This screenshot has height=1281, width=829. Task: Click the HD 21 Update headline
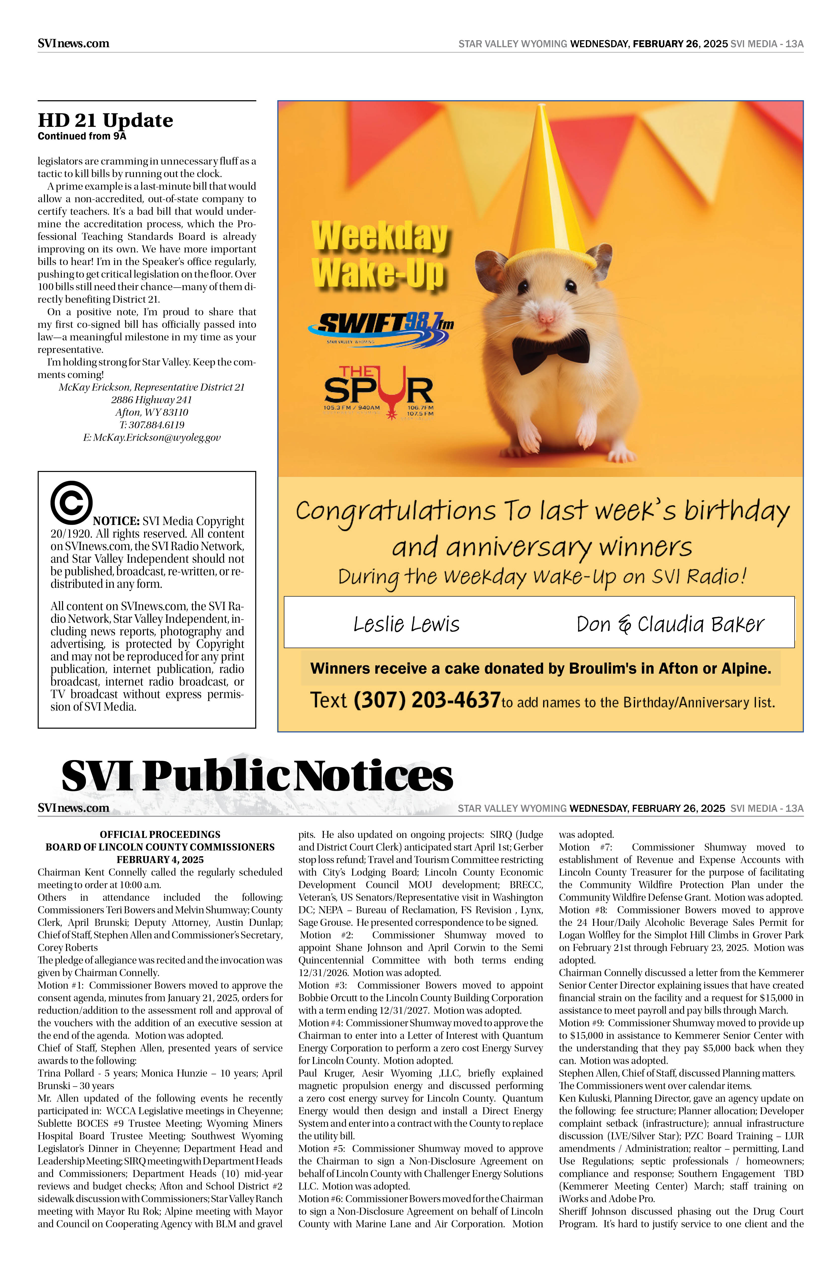coord(106,120)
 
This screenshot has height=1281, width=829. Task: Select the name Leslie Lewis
coord(406,624)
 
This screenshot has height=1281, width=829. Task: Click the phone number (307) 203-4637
coord(427,700)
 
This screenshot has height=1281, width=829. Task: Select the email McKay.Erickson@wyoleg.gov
coord(152,438)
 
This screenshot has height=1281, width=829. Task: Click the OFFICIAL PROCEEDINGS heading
coord(160,834)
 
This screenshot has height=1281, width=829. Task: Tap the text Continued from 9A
coord(82,136)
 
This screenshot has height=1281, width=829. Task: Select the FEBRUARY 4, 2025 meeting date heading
coord(160,860)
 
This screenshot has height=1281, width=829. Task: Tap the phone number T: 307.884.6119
coord(152,425)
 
